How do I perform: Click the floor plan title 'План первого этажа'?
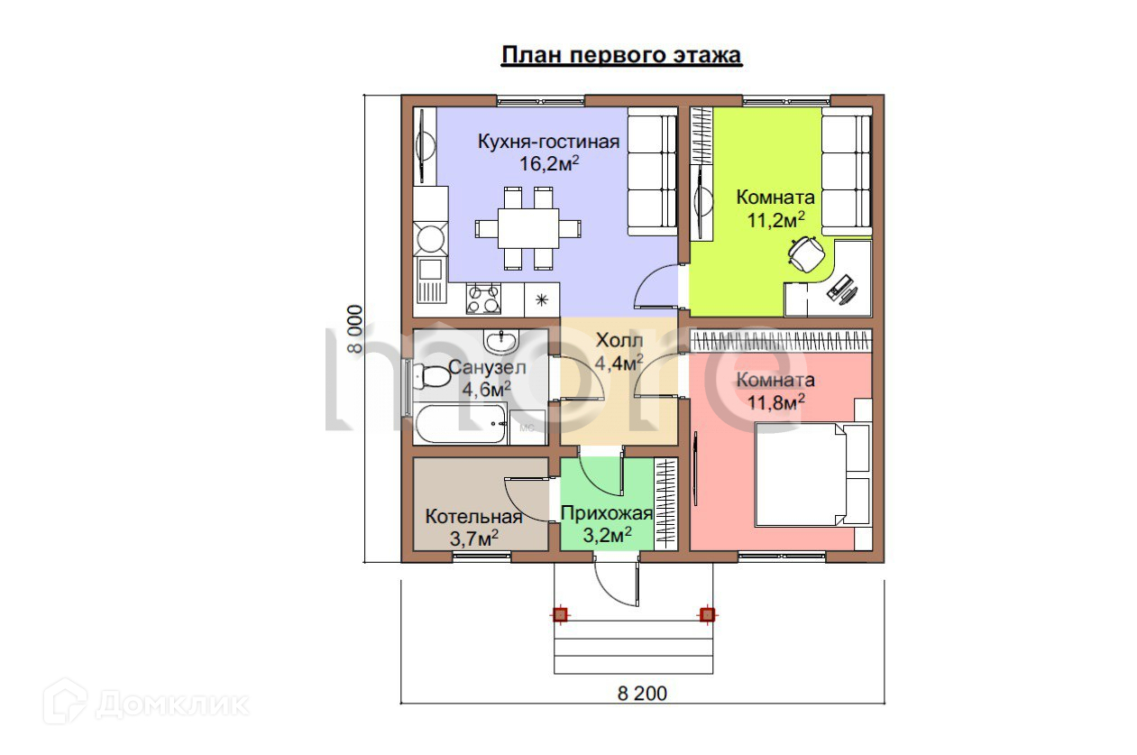pos(621,55)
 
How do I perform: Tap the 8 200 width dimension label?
pos(642,693)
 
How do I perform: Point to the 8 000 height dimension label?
pos(354,328)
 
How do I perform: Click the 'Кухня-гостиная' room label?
pos(549,141)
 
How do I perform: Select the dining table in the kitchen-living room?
pos(527,228)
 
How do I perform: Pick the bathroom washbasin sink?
pos(501,340)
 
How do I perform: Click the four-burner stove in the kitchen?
pos(483,299)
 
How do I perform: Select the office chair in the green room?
pos(806,253)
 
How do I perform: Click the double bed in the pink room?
pos(812,474)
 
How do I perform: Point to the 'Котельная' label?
pos(473,516)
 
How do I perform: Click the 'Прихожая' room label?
pos(607,513)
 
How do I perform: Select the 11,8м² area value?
pos(775,402)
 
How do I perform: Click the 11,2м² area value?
pos(775,220)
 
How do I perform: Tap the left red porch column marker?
pos(560,615)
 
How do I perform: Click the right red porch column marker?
pos(707,615)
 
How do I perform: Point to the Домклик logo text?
pos(172,704)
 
